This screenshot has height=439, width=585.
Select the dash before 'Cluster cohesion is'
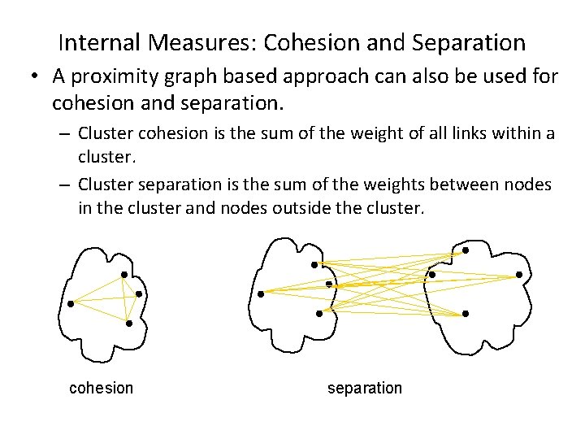tap(64, 133)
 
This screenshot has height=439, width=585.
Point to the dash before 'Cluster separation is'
tap(64, 185)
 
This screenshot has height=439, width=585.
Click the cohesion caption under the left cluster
tap(102, 388)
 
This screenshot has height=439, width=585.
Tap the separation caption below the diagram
tap(365, 388)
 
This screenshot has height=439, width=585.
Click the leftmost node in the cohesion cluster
tap(71, 304)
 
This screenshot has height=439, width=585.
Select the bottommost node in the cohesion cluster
tap(129, 324)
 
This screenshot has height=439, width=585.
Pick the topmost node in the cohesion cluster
tap(123, 274)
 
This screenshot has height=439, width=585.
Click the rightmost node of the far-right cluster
tap(518, 276)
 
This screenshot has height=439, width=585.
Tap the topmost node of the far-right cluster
tap(465, 250)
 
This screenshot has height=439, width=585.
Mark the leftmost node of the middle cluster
tap(260, 293)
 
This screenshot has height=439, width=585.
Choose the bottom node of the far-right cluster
tap(465, 313)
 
